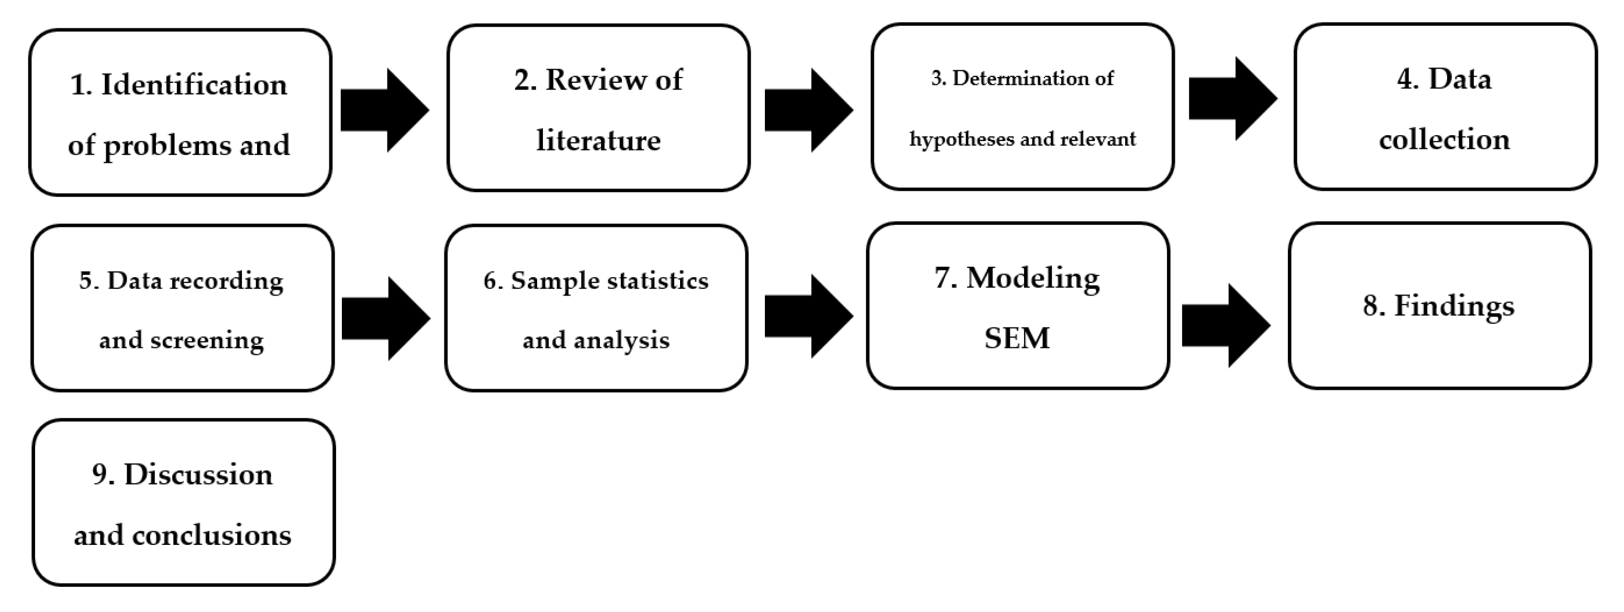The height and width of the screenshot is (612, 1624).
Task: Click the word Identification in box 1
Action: (194, 84)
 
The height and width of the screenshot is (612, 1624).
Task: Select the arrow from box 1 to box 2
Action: (385, 111)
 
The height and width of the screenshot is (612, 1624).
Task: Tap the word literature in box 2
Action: (598, 140)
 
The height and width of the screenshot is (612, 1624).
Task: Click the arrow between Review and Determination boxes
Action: (809, 111)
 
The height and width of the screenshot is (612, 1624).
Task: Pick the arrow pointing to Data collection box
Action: (1232, 99)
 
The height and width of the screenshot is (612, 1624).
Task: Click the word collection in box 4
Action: (1444, 139)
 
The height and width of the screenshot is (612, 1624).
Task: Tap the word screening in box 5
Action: (207, 341)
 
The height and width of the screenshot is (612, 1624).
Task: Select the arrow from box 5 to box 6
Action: (386, 319)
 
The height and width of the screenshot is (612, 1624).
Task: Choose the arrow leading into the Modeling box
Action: (809, 316)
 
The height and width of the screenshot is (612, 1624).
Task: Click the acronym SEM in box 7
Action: (1017, 338)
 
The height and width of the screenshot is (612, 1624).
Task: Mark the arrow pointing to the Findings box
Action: (1226, 325)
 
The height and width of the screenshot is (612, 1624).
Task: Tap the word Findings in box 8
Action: (1454, 306)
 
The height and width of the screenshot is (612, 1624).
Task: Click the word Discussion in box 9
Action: (198, 475)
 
